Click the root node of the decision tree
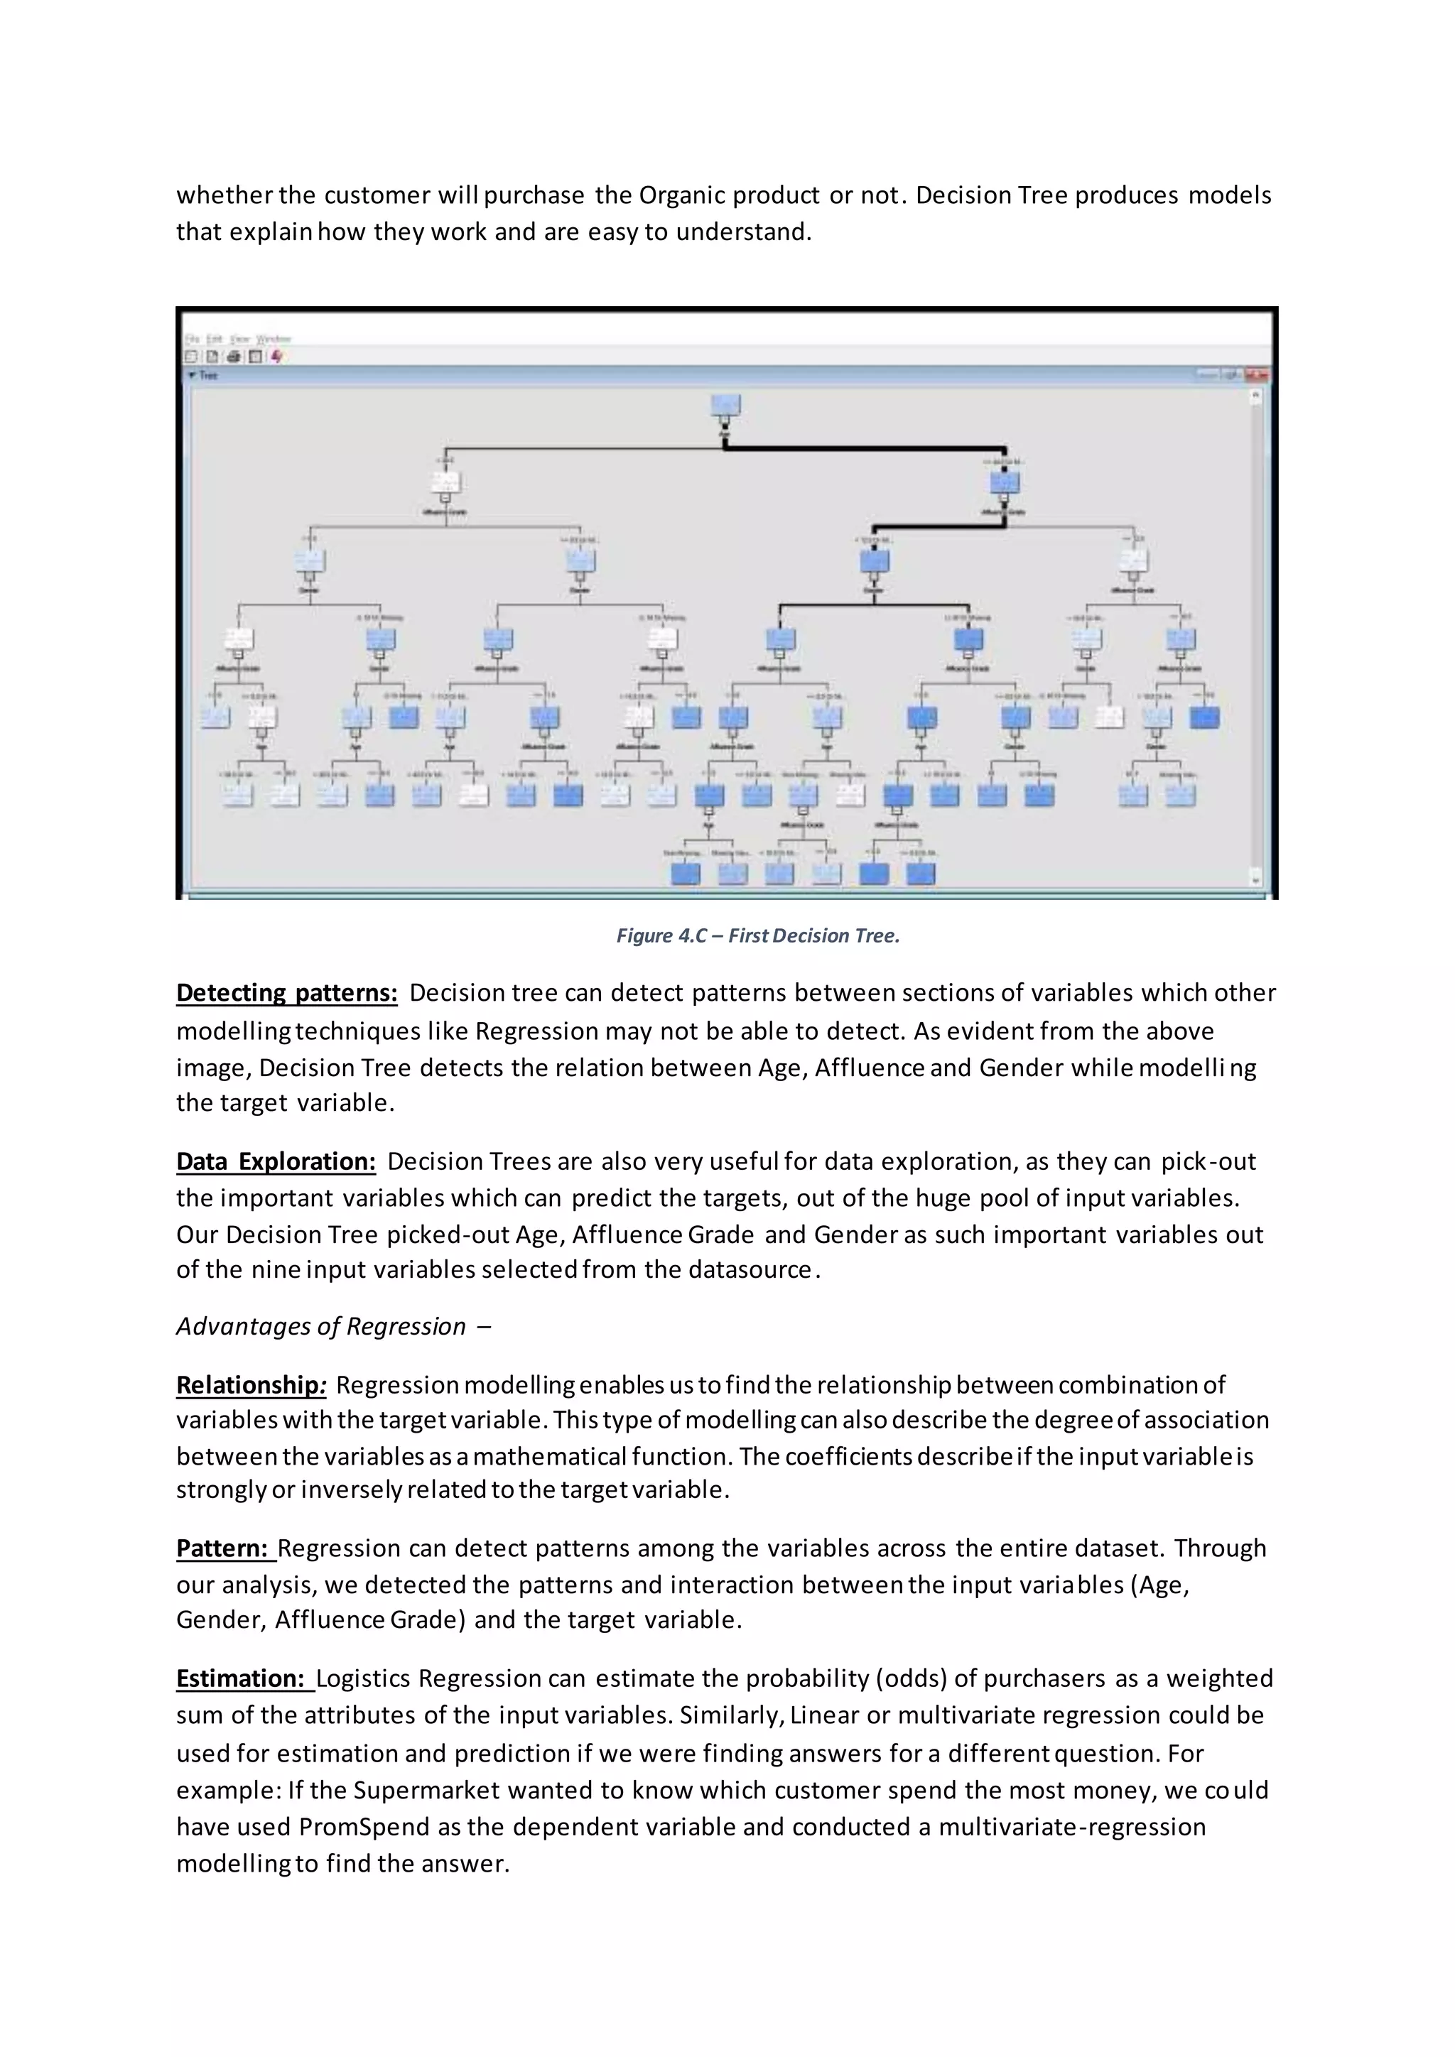click(725, 406)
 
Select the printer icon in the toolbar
click(234, 357)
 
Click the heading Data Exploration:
click(276, 1161)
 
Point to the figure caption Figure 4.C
click(757, 935)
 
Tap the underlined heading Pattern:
click(223, 1548)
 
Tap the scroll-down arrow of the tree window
click(1255, 880)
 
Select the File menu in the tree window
click(192, 339)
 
